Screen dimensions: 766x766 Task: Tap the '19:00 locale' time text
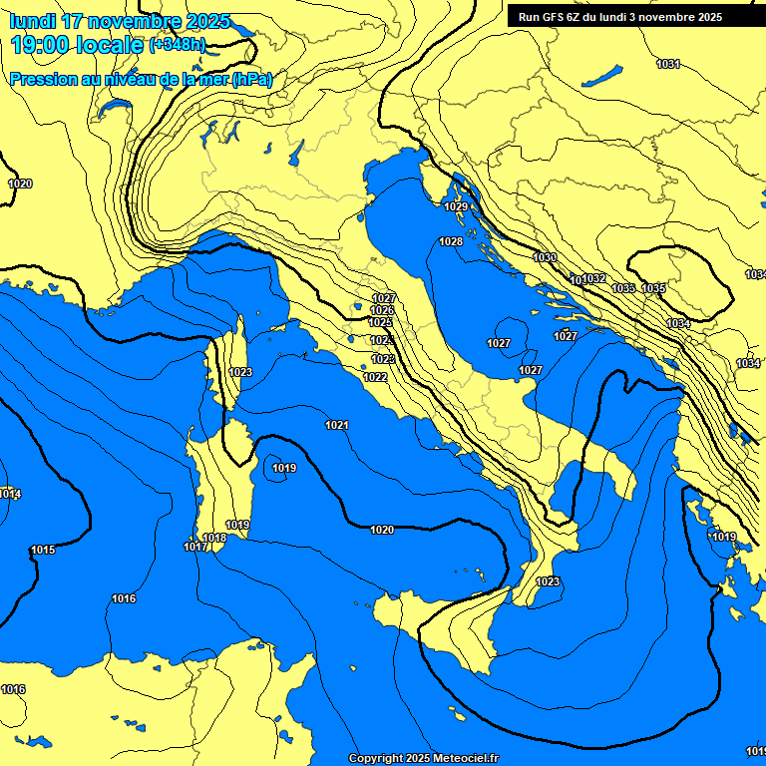click(x=76, y=45)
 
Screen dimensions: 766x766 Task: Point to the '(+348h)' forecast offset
click(x=178, y=46)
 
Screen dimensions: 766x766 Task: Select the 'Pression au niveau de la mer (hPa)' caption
click(x=141, y=79)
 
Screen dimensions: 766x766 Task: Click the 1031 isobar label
click(x=668, y=64)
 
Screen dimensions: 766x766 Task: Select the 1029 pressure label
click(x=456, y=206)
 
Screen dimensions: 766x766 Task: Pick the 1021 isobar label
click(x=337, y=425)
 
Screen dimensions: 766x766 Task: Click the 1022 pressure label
click(x=375, y=377)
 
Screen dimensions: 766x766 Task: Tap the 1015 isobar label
click(x=43, y=550)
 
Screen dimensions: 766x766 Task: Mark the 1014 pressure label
click(x=10, y=494)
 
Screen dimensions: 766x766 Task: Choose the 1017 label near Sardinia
click(x=195, y=547)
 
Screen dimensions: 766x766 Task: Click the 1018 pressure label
click(x=215, y=538)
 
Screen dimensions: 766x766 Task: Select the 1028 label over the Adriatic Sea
click(x=451, y=241)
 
